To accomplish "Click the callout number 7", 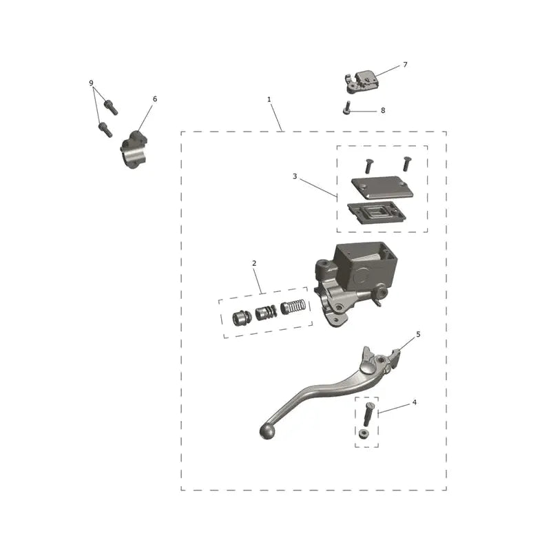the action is [405, 65].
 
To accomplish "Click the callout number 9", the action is [92, 83].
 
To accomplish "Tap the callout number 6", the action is [154, 99].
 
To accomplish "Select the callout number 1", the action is [269, 99].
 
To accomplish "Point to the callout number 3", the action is [295, 176].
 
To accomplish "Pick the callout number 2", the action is [254, 263].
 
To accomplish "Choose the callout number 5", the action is [418, 334].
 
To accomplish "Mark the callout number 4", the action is [415, 402].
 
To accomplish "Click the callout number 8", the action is [383, 110].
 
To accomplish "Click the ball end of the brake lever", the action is [268, 432].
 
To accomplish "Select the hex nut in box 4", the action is [364, 434].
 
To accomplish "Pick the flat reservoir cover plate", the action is [382, 187].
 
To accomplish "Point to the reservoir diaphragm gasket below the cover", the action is [376, 212].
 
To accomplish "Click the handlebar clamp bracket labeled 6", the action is [134, 150].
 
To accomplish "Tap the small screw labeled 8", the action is [346, 107].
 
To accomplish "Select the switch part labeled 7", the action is [363, 81].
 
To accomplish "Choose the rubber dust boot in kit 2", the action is [242, 318].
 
